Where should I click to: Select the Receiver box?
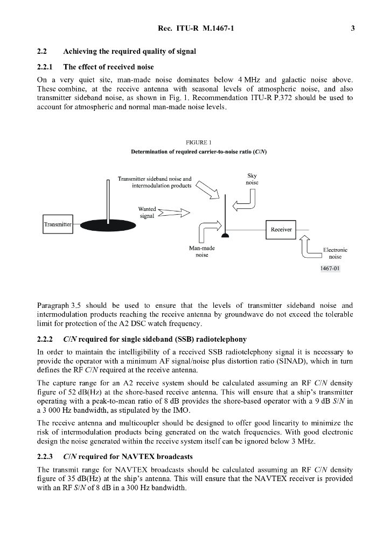(281, 229)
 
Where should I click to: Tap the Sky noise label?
(252, 179)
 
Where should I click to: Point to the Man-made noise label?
(202, 251)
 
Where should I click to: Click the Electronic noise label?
(335, 253)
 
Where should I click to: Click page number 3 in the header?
(352, 29)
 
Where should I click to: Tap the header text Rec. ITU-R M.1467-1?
(194, 29)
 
